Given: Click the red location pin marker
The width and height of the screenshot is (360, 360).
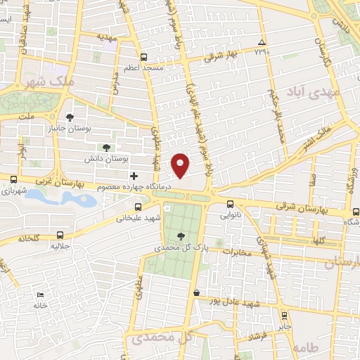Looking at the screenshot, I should [181, 165].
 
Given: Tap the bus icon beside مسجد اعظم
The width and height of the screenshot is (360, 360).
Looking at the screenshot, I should [143, 57].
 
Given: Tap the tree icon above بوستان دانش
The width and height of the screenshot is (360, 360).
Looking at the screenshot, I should [106, 147].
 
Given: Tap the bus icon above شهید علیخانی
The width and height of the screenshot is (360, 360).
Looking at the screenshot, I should [139, 207].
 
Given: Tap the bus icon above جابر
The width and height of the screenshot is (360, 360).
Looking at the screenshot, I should [284, 316].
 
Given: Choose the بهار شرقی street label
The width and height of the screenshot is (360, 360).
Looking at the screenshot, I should [224, 57].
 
